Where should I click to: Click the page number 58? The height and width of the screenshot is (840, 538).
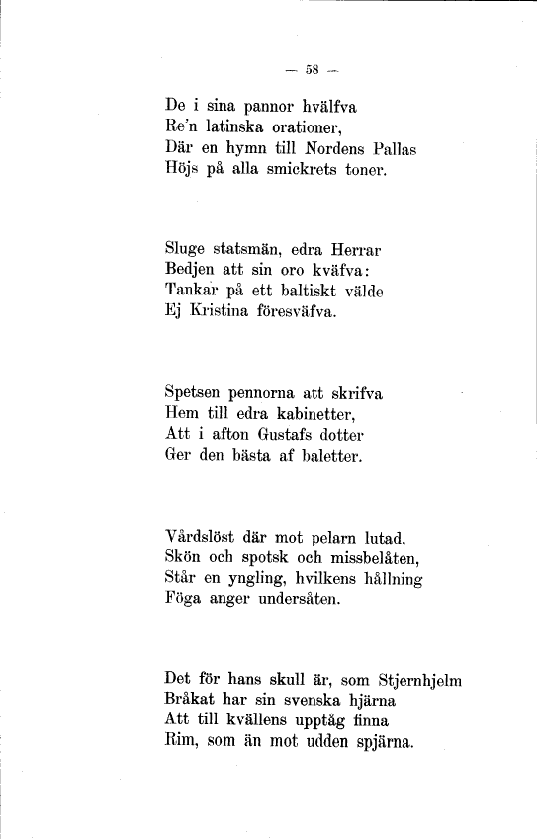pyautogui.click(x=312, y=69)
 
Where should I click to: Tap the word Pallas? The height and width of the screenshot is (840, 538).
pyautogui.click(x=390, y=148)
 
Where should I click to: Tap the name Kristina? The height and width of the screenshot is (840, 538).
pyautogui.click(x=219, y=315)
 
